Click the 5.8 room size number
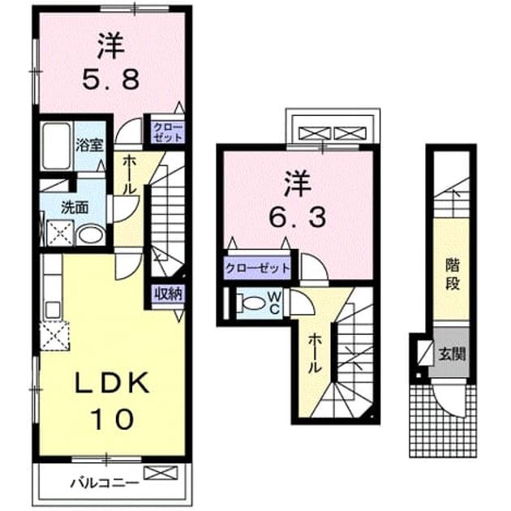[111, 79]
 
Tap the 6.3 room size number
[297, 217]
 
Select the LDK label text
[112, 384]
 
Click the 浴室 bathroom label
[89, 146]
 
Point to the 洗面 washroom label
[75, 208]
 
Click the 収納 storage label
[168, 294]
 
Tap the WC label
[274, 303]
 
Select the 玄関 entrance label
[452, 354]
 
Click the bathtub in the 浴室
[57, 146]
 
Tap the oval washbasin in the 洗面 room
[91, 235]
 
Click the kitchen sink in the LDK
[53, 310]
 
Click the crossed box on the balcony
[161, 473]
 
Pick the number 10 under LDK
[113, 419]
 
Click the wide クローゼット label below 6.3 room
[257, 268]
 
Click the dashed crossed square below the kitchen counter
[55, 336]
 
